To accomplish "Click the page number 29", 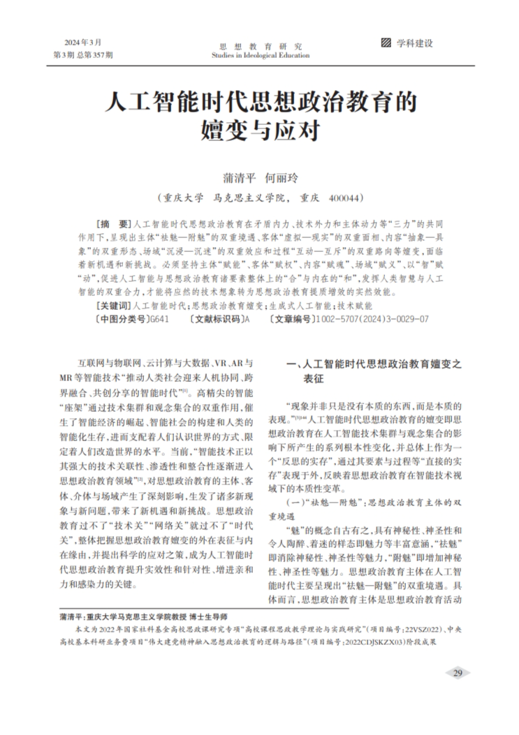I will click(x=458, y=673).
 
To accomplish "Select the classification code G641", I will click(x=159, y=318).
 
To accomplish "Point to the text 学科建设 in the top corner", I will click(x=415, y=43).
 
